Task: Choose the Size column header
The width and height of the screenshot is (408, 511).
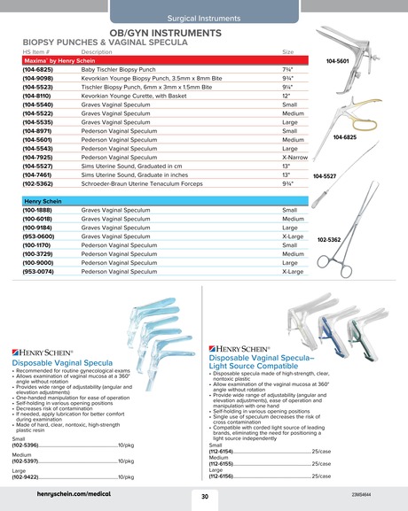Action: tap(287, 52)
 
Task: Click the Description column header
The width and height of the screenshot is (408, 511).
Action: tap(96, 52)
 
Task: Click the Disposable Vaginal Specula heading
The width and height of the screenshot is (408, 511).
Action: tap(62, 363)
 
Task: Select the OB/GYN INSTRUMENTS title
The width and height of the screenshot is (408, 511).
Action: tap(203, 31)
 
